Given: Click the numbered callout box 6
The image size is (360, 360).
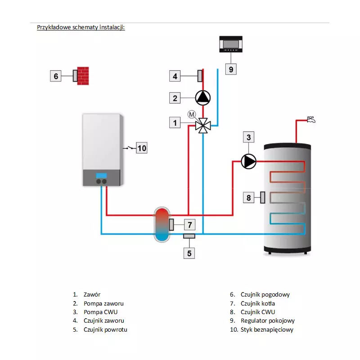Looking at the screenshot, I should (56, 76).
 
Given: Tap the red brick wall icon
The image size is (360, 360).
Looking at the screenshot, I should (83, 76).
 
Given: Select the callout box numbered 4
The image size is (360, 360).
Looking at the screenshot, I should (175, 76).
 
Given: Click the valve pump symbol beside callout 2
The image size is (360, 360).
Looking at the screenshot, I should (202, 97).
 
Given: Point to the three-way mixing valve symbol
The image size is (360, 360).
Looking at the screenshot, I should (203, 126).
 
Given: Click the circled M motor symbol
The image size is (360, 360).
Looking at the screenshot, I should (191, 115).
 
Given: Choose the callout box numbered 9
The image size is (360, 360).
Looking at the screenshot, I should (230, 69).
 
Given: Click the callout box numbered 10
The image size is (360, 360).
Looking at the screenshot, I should (142, 148).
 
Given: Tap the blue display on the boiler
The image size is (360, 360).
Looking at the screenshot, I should (102, 175).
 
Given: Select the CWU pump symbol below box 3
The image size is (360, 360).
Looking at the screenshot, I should (248, 161).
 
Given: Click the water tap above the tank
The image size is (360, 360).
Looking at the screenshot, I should (310, 119).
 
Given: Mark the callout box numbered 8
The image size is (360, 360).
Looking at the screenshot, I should (248, 197).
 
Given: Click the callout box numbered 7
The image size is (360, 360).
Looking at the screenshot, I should (189, 224).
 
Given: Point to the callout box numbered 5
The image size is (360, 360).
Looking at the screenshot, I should (189, 253).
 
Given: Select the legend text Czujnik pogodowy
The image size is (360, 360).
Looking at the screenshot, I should (265, 295).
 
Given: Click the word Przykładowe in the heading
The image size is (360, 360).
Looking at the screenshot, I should (54, 27).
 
